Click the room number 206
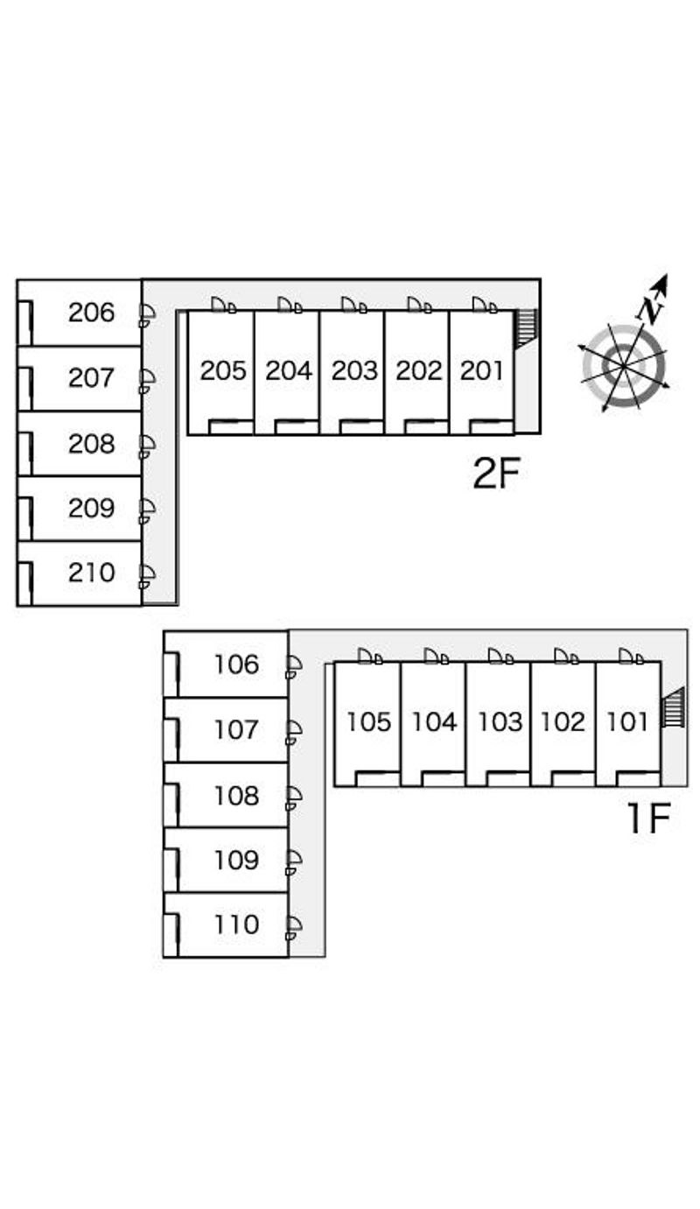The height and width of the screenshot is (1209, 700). click(92, 313)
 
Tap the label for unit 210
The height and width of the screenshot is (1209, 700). click(92, 573)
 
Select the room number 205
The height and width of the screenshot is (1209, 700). click(222, 371)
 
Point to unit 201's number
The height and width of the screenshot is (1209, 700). click(482, 371)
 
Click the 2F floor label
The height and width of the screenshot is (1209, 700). click(496, 474)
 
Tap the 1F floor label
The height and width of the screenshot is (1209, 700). click(647, 819)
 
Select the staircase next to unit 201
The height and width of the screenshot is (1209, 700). click(526, 328)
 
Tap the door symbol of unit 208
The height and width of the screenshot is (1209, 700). click(146, 446)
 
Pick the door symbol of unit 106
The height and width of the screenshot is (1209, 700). click(293, 666)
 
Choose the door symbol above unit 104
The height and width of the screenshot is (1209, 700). click(437, 657)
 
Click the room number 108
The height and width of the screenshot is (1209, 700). click(237, 796)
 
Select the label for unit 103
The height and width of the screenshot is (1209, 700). click(499, 722)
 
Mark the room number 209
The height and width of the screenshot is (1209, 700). click(92, 508)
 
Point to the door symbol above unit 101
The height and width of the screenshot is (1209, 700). click(631, 657)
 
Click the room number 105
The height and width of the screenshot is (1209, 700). click(368, 722)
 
